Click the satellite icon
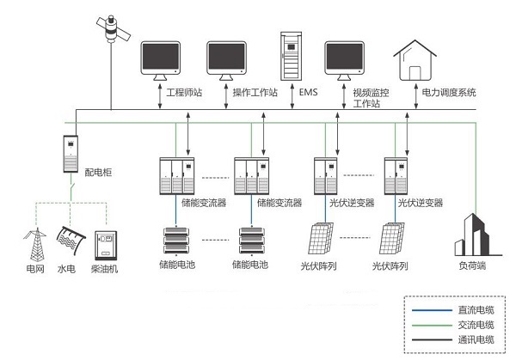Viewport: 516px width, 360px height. [113, 28]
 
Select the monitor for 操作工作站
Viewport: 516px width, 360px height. [228, 59]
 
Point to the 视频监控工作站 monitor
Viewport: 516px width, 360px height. [346, 59]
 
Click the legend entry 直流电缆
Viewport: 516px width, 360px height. [455, 308]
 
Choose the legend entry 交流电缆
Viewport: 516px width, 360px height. [455, 325]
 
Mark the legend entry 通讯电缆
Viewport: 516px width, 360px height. [455, 341]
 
